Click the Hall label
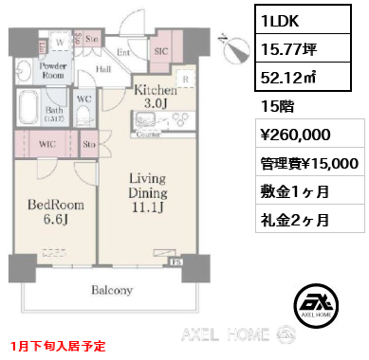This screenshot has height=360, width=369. [x=102, y=69]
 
